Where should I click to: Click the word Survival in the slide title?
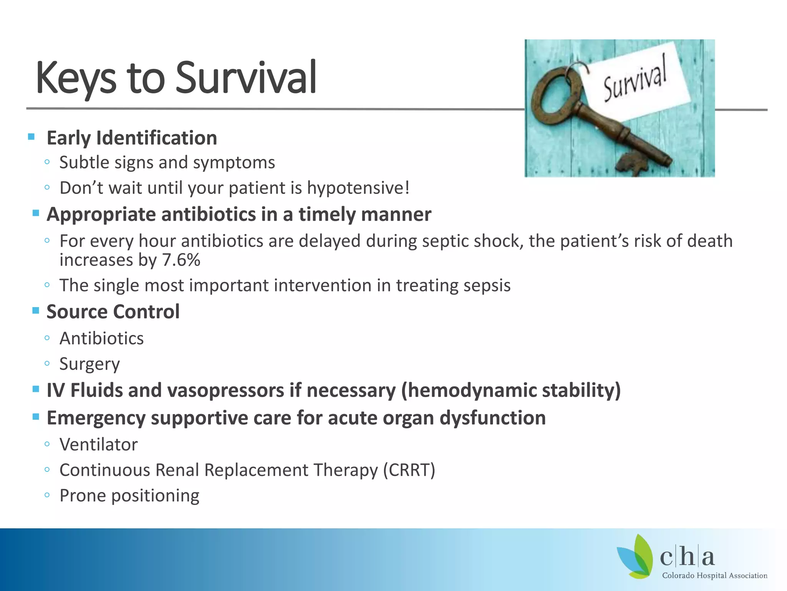[x=246, y=78]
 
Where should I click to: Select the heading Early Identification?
[x=132, y=138]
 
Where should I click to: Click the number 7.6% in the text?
[x=181, y=260]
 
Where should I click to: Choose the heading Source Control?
[x=113, y=312]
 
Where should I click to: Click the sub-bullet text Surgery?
[x=90, y=364]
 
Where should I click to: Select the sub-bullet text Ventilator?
[x=98, y=445]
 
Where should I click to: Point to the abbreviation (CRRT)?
[x=409, y=470]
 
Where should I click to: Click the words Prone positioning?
[x=130, y=496]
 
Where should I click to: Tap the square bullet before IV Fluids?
[x=36, y=389]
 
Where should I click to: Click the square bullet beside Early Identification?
[x=32, y=137]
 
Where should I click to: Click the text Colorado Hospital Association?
[x=714, y=576]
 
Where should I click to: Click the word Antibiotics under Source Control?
[x=101, y=339]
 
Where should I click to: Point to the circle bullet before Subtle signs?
[x=47, y=162]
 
